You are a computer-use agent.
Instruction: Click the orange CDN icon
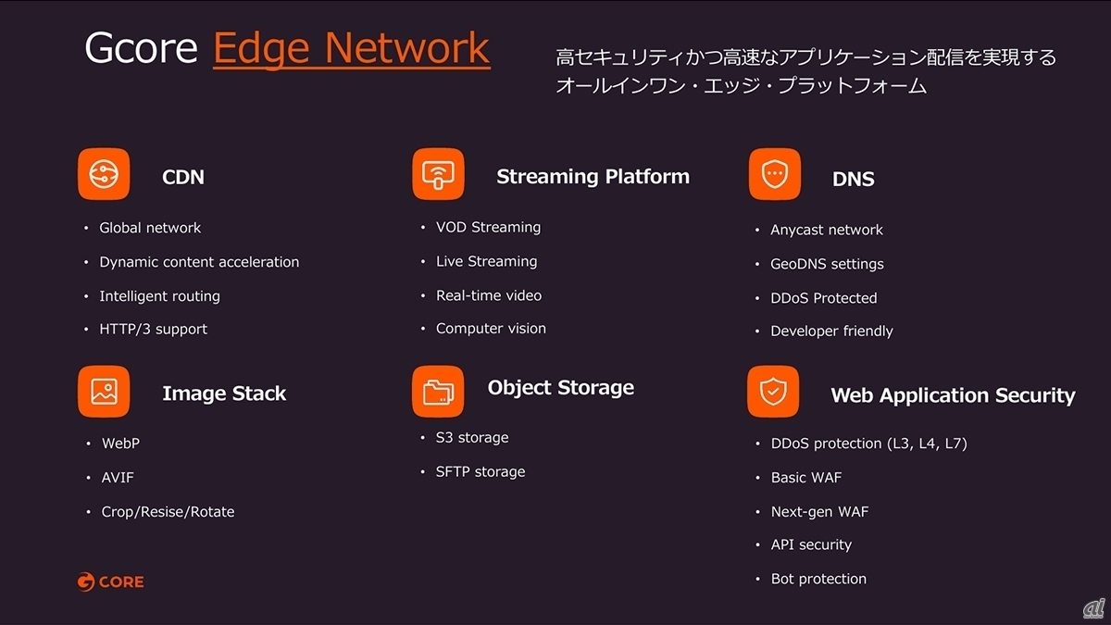104,174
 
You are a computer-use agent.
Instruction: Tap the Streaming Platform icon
439,174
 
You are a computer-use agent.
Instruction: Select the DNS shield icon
775,174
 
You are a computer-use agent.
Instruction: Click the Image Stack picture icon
104,392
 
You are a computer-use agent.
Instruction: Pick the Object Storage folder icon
438,392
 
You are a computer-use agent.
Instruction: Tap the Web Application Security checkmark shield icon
773,392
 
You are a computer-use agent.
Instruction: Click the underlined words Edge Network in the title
351,49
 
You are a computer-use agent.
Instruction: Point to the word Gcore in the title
142,47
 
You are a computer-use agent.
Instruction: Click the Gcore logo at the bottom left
110,581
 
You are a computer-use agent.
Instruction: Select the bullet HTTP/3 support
154,330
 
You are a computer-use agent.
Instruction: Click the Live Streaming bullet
487,261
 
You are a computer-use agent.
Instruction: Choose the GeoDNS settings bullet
827,264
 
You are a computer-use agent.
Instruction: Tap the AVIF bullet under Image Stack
118,478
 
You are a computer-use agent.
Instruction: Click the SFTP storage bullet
481,471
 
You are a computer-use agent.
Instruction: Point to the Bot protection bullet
818,579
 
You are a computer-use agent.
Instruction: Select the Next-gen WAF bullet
820,512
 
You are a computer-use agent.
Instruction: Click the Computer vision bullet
491,329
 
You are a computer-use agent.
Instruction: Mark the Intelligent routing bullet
159,296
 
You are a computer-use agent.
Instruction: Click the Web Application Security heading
953,396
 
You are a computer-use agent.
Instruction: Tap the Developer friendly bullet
831,331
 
